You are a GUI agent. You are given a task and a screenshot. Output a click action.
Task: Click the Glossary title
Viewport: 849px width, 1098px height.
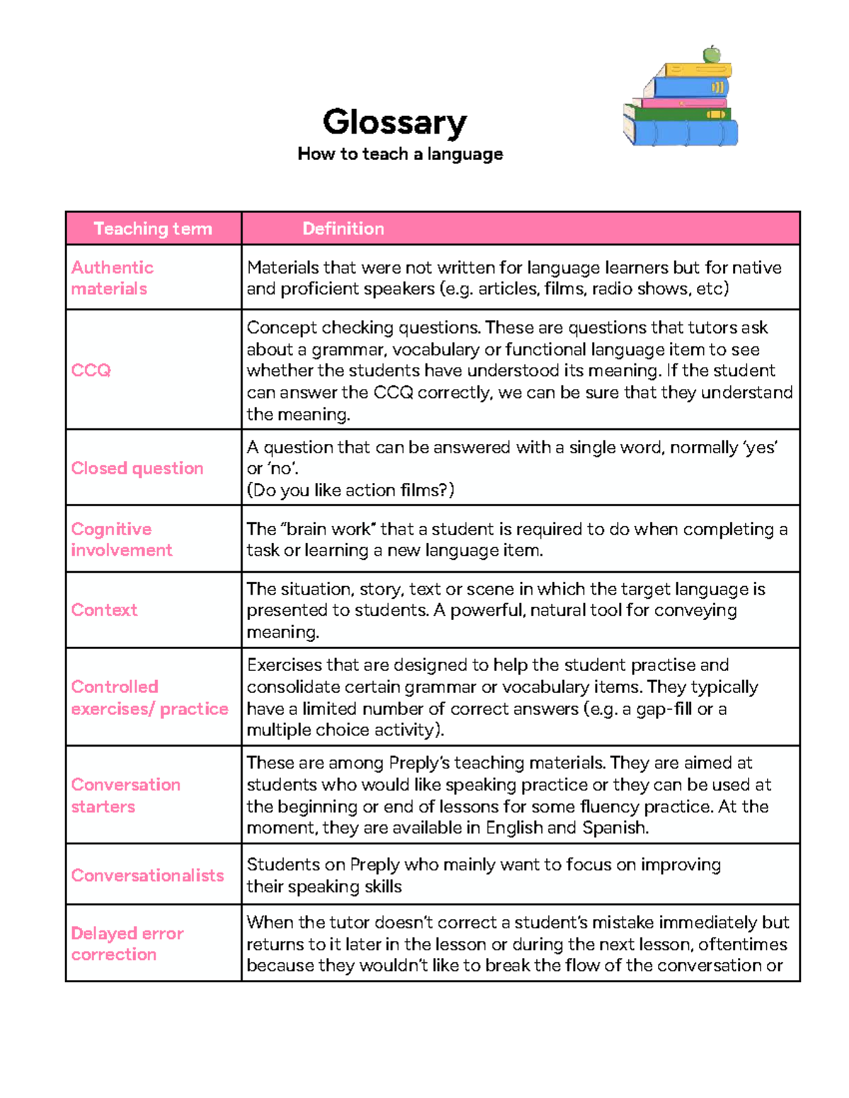click(x=395, y=122)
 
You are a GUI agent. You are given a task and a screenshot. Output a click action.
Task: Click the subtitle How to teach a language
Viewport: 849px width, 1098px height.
click(x=400, y=154)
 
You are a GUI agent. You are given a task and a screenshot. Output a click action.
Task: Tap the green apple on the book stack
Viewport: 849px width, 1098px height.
click(x=712, y=54)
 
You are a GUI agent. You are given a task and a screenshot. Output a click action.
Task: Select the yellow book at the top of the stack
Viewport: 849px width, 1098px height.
click(x=697, y=70)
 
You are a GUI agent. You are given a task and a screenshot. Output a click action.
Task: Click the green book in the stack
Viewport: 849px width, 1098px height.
click(x=679, y=114)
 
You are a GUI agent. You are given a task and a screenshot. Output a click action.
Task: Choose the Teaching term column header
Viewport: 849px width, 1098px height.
click(x=153, y=228)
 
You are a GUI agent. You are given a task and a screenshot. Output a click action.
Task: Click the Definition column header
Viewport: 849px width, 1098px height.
click(x=343, y=228)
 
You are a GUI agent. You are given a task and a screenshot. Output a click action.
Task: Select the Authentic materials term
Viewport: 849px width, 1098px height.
click(x=112, y=278)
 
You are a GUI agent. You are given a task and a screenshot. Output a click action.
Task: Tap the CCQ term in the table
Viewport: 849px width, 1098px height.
click(x=91, y=370)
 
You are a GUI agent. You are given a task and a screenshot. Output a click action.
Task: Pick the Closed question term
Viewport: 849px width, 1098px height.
click(x=137, y=468)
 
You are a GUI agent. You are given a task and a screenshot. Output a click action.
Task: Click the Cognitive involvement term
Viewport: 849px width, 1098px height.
click(x=121, y=539)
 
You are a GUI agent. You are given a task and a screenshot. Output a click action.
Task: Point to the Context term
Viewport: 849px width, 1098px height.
click(x=104, y=609)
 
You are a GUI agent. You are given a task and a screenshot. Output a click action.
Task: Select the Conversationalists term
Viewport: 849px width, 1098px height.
click(x=147, y=875)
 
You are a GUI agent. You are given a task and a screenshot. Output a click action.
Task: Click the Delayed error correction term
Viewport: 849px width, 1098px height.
click(x=127, y=943)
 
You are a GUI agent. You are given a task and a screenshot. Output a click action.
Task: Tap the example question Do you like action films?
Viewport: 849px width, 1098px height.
click(x=350, y=490)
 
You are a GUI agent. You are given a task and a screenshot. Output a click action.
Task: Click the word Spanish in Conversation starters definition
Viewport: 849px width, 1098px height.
click(x=614, y=827)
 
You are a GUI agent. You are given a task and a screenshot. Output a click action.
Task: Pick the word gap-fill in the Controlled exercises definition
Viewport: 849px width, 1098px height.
click(x=664, y=708)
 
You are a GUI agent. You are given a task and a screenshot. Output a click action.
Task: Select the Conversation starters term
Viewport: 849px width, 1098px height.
click(x=125, y=795)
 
